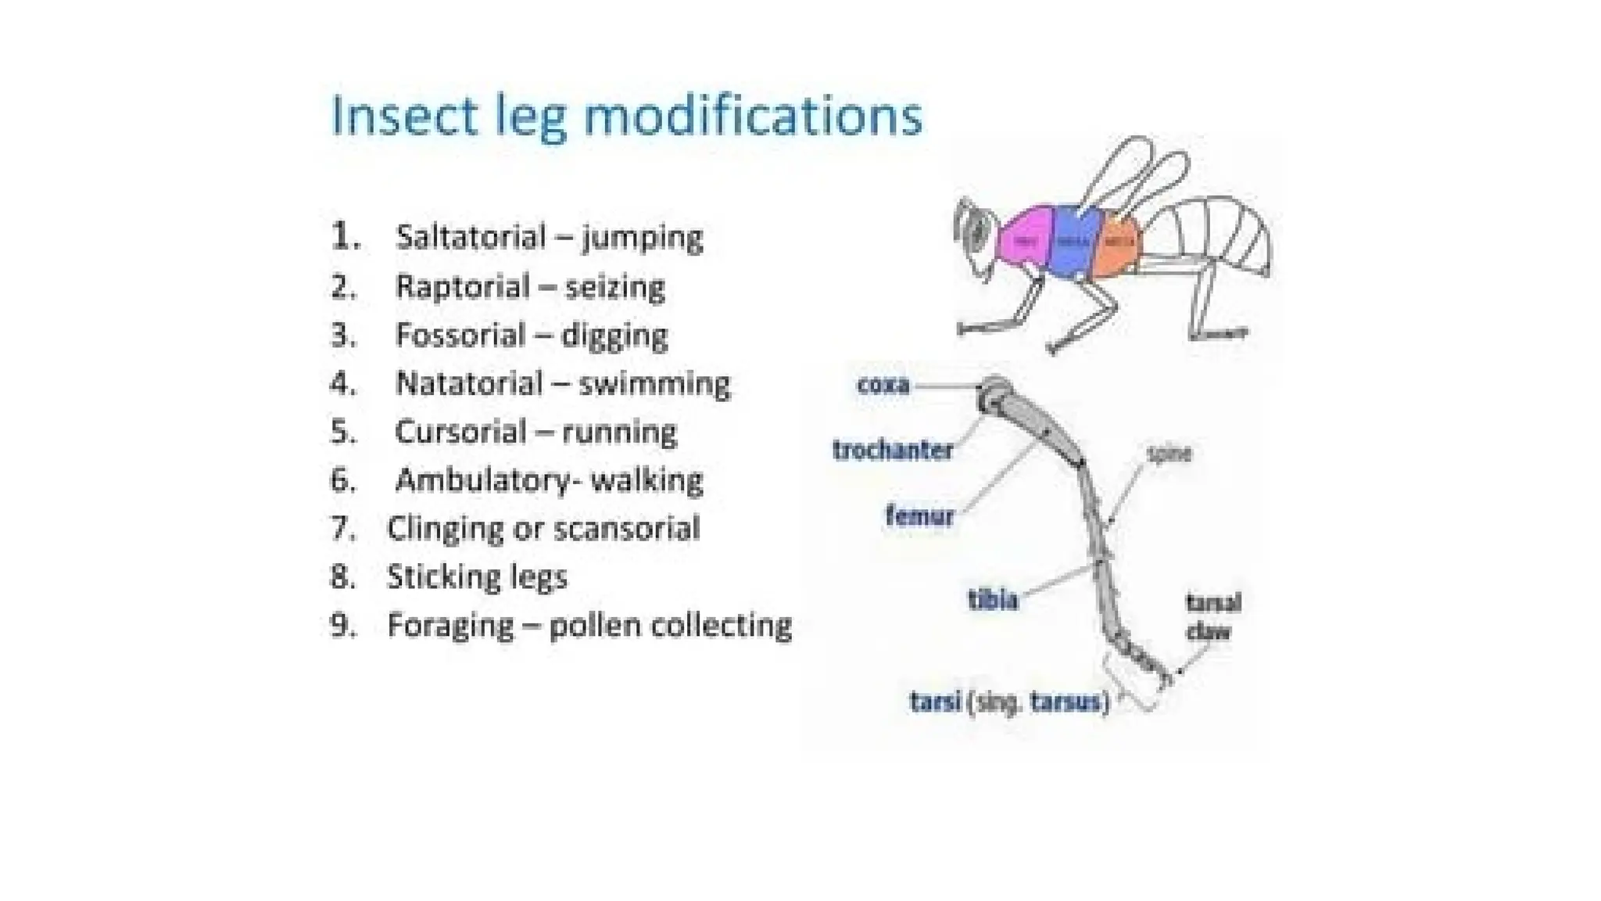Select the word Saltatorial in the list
471,237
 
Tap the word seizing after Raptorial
614,287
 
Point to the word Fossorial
460,336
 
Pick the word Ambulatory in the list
484,480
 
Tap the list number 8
342,577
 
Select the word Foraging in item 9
450,626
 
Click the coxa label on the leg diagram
883,385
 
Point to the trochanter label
892,450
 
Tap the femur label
919,516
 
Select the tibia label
993,600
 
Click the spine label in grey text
1169,454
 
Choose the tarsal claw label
1212,616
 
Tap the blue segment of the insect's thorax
1073,242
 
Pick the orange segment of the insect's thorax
1119,244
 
